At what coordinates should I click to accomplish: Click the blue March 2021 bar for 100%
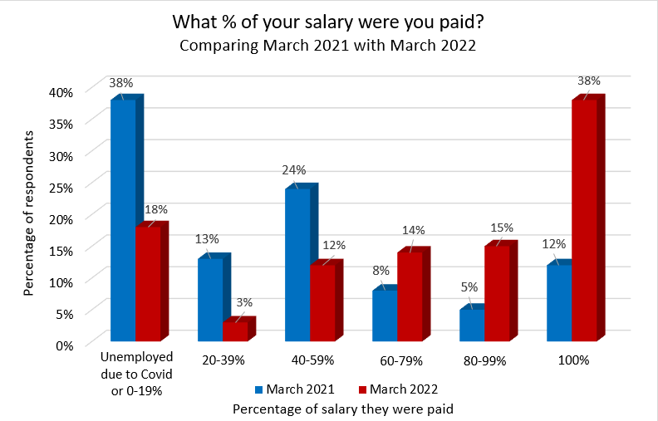(559, 302)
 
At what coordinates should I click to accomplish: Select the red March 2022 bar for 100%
(584, 220)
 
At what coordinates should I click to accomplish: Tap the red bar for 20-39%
(235, 330)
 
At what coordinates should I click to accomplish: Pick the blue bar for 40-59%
(297, 264)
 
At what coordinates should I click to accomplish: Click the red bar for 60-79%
(410, 296)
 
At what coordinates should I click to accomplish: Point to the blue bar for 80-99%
(472, 325)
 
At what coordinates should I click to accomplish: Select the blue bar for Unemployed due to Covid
(123, 220)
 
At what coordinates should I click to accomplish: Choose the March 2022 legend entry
(397, 389)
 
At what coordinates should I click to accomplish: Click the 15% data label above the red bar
(502, 228)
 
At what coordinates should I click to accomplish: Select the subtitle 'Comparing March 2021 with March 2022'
(328, 47)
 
